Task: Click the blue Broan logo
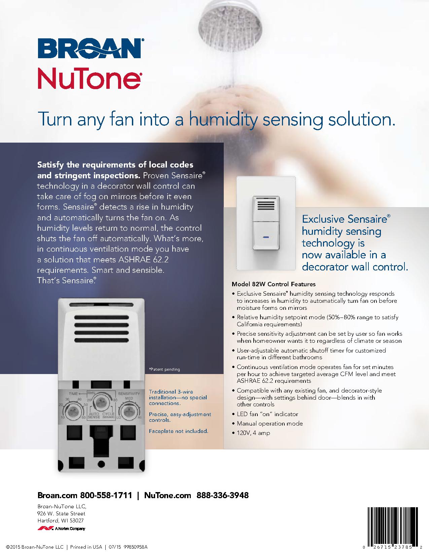pyautogui.click(x=91, y=48)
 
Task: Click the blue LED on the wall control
pyautogui.click(x=266, y=237)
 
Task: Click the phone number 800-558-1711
pyautogui.click(x=106, y=495)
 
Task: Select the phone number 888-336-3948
pyautogui.click(x=222, y=495)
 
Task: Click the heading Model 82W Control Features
pyautogui.click(x=274, y=284)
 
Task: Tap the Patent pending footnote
pyautogui.click(x=165, y=369)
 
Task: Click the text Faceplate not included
pyautogui.click(x=179, y=431)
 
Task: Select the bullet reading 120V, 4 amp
pyautogui.click(x=253, y=433)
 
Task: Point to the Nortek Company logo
pyautogui.click(x=61, y=528)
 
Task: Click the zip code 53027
pyautogui.click(x=77, y=520)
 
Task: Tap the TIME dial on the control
pyautogui.click(x=73, y=412)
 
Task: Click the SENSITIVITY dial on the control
pyautogui.click(x=129, y=412)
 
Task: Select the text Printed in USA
pyautogui.click(x=86, y=547)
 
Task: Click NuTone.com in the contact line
pyautogui.click(x=168, y=495)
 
